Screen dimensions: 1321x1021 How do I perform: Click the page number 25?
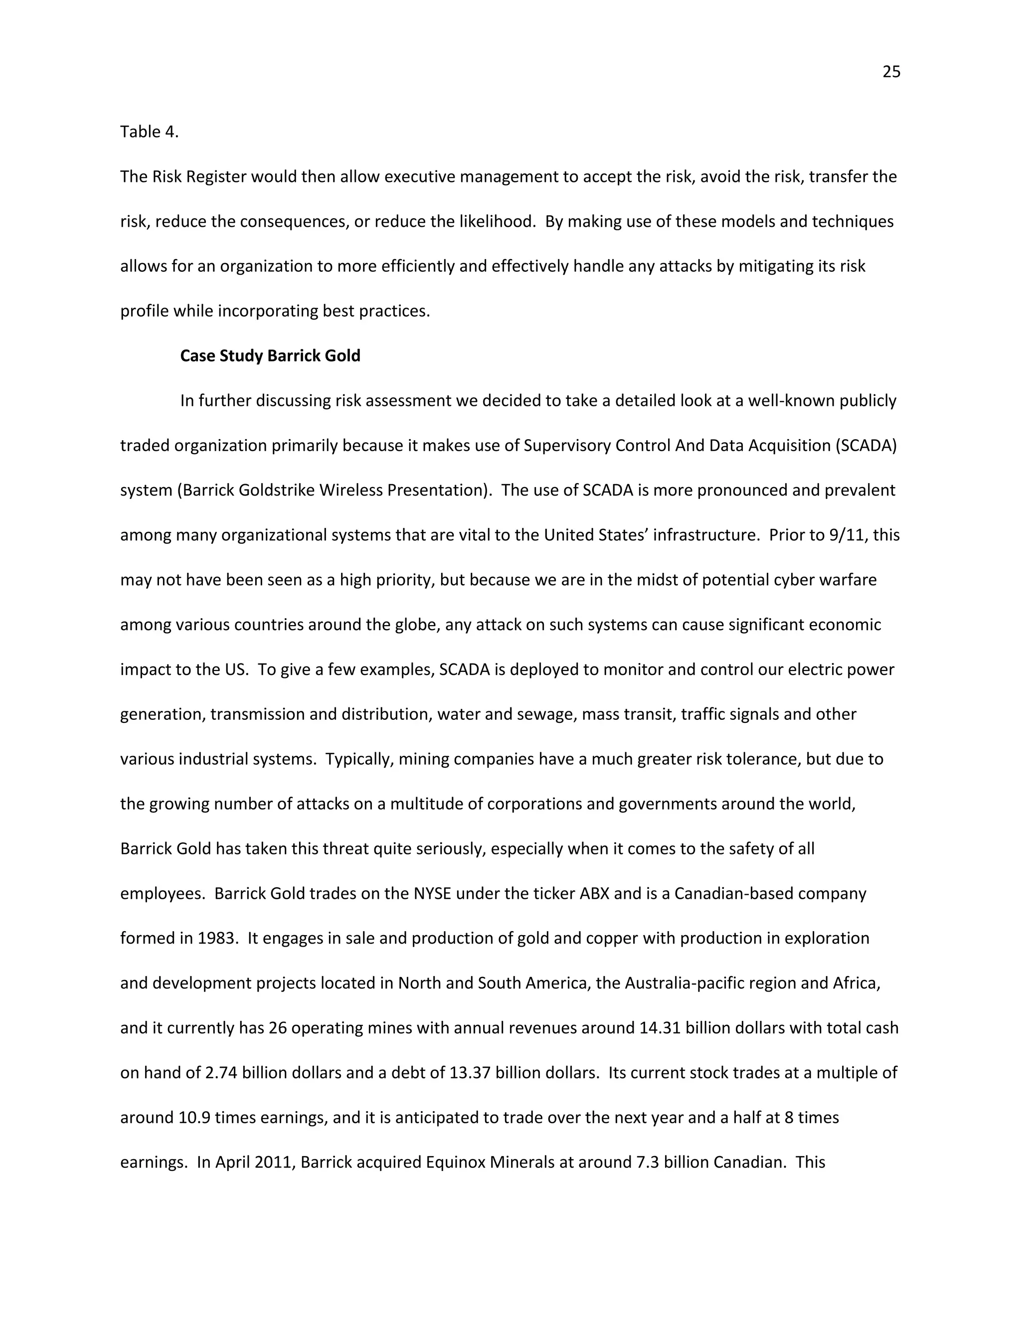891,72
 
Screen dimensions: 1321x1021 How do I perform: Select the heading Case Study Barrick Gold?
270,355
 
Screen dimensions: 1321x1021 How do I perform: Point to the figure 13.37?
469,1072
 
